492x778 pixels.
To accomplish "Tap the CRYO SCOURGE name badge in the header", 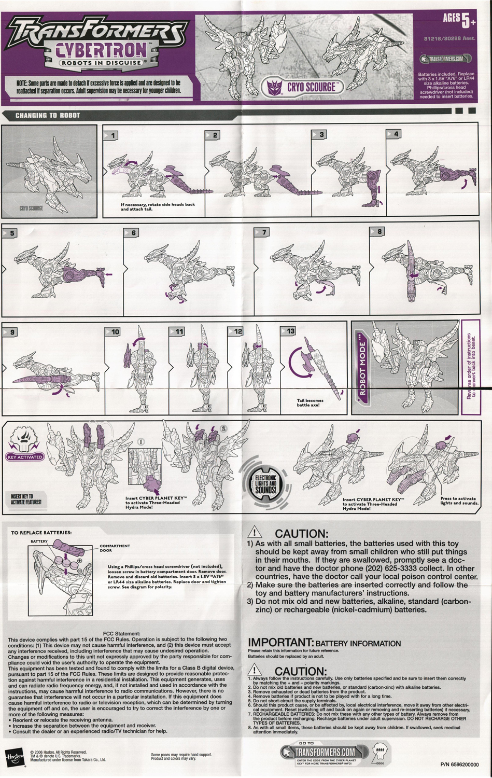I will [304, 87].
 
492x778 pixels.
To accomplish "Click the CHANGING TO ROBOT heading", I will [48, 115].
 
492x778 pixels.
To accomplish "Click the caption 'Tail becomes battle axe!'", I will [310, 402].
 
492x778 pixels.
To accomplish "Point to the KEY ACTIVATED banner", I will [25, 457].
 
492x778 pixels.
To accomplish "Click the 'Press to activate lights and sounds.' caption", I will [459, 501].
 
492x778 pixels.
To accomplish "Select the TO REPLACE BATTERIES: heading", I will [41, 533].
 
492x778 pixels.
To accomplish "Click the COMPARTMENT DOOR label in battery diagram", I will [115, 548].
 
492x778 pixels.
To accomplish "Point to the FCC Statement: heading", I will [122, 633].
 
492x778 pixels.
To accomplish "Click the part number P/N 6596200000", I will [459, 765].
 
